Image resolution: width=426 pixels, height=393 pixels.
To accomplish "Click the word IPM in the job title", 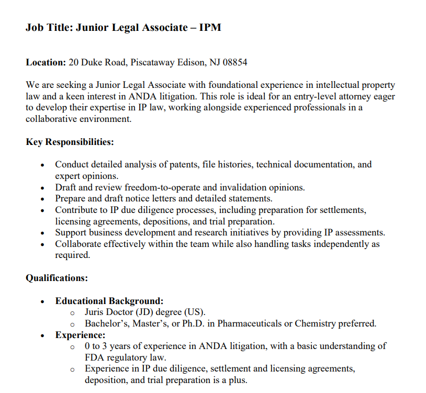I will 210,27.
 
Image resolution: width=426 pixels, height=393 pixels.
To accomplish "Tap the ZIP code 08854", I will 235,62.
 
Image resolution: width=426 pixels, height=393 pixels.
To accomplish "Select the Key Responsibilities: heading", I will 70,142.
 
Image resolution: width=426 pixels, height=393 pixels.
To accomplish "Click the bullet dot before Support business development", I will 43,233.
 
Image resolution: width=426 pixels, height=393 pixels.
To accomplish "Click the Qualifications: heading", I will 57,278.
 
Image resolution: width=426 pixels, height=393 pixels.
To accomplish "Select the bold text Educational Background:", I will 109,301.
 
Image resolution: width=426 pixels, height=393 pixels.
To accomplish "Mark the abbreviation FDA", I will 95,357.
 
